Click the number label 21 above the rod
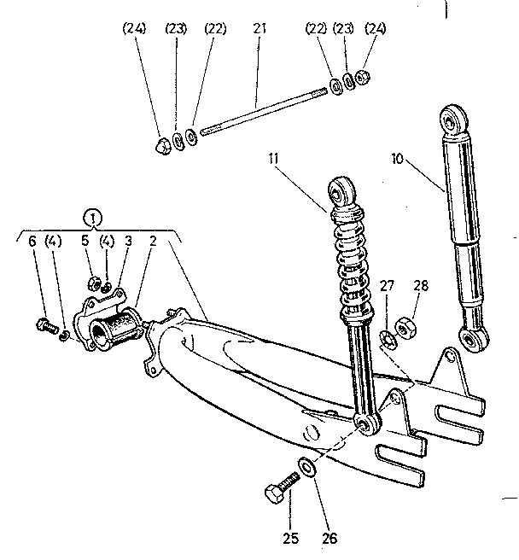[259, 29]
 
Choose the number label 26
[329, 538]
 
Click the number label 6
[32, 242]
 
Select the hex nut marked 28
[406, 325]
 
